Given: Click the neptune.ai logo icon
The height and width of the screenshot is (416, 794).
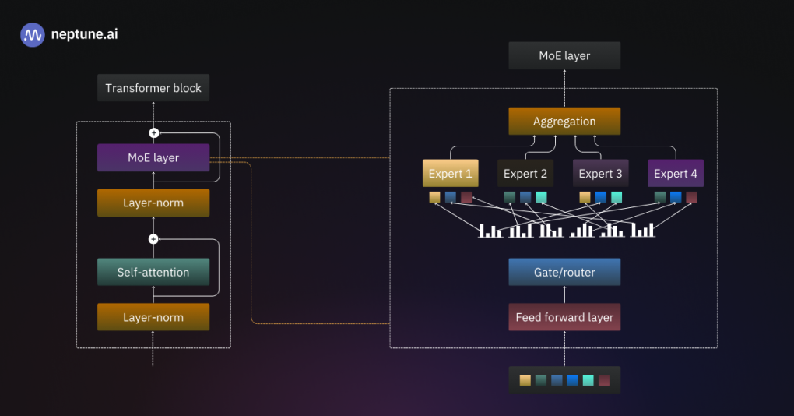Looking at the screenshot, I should pos(33,35).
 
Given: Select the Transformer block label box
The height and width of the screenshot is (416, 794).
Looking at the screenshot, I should pos(153,88).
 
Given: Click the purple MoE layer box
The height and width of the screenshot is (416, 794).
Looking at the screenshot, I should pos(153,157).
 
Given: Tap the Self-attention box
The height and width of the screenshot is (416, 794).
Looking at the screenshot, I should pos(153,272).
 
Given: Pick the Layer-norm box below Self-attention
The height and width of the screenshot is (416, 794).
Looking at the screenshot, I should pos(153,317).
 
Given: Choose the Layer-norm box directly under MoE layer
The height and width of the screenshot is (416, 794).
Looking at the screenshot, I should pos(153,203).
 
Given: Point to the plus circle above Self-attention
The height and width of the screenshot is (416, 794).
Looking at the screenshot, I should pos(153,239).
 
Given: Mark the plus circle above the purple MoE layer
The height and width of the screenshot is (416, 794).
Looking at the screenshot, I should pos(153,133).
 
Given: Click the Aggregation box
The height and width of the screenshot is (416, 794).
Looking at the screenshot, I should pos(564,122).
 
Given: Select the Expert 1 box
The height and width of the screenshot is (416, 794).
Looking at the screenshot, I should pos(450,174).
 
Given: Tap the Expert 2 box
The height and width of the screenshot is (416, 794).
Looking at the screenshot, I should pos(525,174).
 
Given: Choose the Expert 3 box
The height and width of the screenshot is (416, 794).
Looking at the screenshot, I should pos(601,174).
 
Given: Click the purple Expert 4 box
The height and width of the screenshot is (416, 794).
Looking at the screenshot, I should pos(676,174).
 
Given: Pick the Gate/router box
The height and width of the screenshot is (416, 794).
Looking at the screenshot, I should pos(564,272).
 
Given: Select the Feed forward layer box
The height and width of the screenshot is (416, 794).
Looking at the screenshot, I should pos(564,317).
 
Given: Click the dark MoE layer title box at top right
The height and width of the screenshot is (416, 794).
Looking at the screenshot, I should pos(564,56).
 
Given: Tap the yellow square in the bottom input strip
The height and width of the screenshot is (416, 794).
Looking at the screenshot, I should pos(525,380).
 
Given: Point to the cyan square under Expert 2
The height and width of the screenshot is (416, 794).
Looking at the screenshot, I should pos(541,197).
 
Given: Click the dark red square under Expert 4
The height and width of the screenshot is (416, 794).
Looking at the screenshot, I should pos(691,197).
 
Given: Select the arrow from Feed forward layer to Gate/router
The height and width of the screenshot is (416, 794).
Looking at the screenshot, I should pos(564,294).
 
